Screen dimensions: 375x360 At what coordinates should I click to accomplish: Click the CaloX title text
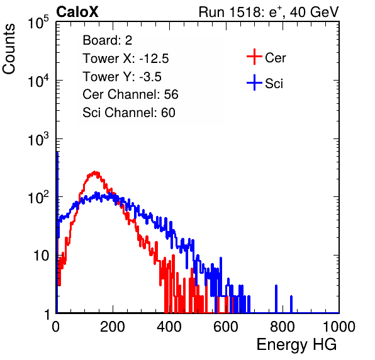pyautogui.click(x=77, y=12)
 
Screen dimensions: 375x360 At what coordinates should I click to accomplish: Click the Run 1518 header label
pyautogui.click(x=269, y=12)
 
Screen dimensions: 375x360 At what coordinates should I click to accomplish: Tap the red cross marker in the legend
pyautogui.click(x=254, y=57)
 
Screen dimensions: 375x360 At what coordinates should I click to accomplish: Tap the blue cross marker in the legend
pyautogui.click(x=254, y=82)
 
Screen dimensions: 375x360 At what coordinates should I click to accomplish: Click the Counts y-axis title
pyautogui.click(x=9, y=49)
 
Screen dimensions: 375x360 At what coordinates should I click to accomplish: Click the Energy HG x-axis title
pyautogui.click(x=296, y=345)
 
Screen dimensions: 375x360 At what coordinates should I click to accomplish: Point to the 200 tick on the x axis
pyautogui.click(x=113, y=327)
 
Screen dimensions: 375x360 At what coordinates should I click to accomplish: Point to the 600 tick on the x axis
pyautogui.click(x=226, y=327)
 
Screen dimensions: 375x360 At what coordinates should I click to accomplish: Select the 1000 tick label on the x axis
pyautogui.click(x=339, y=327)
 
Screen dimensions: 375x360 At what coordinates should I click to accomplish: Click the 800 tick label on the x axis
pyautogui.click(x=283, y=327)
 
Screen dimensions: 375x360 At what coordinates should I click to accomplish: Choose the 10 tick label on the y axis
pyautogui.click(x=42, y=256)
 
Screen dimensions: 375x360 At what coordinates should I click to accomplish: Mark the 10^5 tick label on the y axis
pyautogui.click(x=38, y=22)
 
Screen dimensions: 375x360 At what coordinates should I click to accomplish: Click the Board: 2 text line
pyautogui.click(x=108, y=40)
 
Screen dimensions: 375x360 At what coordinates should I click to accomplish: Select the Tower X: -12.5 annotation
pyautogui.click(x=126, y=59)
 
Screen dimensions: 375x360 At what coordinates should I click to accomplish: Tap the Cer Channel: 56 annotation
pyautogui.click(x=130, y=94)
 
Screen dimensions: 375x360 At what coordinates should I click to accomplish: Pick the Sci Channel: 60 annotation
pyautogui.click(x=129, y=113)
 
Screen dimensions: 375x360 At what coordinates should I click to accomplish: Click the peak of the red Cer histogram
pyautogui.click(x=95, y=172)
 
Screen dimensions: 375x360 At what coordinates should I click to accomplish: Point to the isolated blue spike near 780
pyautogui.click(x=276, y=299)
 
